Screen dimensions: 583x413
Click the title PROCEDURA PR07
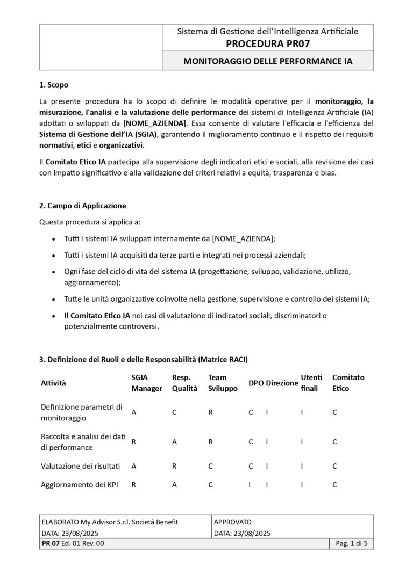coord(268,43)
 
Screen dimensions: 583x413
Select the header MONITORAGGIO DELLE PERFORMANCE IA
coord(268,61)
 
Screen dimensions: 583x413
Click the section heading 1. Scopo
coord(54,85)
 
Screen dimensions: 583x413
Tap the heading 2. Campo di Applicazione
coord(83,206)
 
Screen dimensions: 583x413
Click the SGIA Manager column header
coord(147,383)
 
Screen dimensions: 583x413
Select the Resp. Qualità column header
coord(184,383)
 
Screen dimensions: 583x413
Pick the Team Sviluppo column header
coord(223,383)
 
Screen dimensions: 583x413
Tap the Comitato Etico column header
coord(348,383)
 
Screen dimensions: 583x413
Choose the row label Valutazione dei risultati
coord(81,467)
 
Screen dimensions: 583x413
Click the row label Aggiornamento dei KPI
coord(80,485)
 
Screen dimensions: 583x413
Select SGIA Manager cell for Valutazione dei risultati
coord(134,467)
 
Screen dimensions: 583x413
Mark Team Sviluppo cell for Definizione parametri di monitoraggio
coord(211,412)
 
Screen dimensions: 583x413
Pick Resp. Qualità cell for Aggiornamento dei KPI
coord(174,485)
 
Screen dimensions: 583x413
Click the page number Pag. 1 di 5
coord(351,544)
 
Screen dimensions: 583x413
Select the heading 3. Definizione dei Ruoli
coord(144,359)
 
